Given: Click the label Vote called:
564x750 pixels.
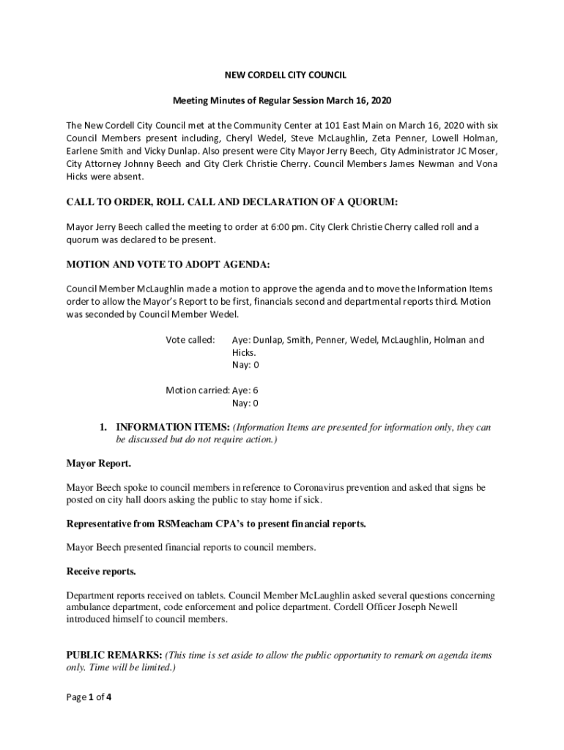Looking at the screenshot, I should tap(190, 340).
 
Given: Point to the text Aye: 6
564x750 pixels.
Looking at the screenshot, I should tap(245, 390).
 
